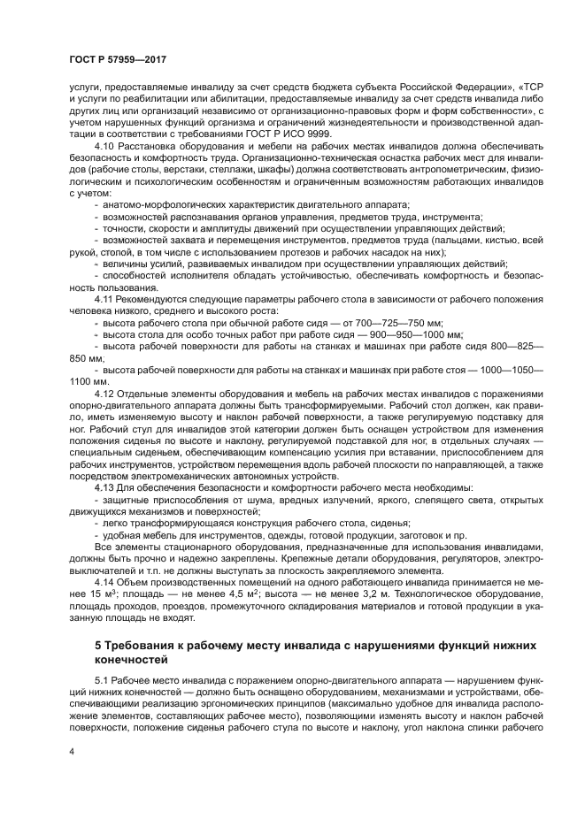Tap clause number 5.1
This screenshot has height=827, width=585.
[x=101, y=678]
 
